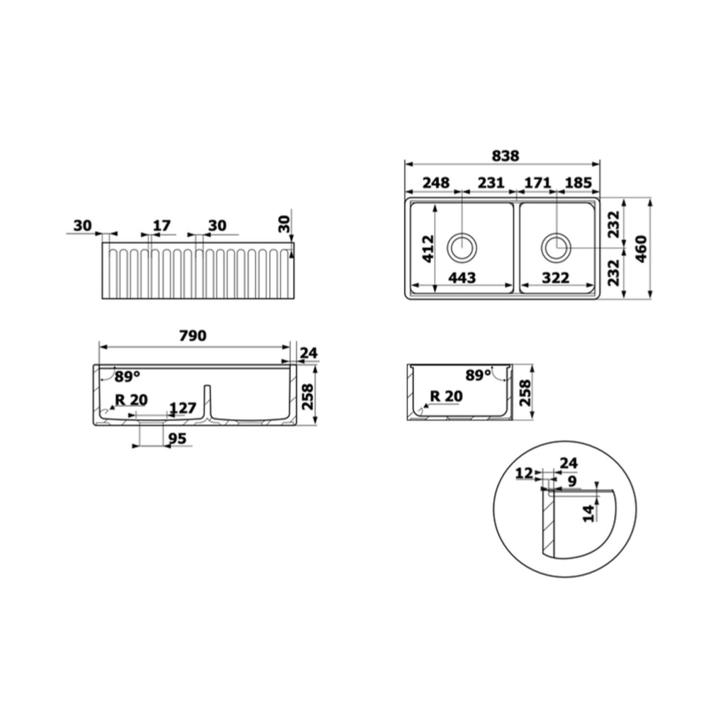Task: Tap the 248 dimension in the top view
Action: (x=436, y=183)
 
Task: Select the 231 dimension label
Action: (x=491, y=183)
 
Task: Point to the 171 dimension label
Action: (x=537, y=183)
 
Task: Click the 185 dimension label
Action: (x=579, y=183)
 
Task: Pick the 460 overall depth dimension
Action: (x=641, y=249)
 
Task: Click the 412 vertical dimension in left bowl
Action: (x=428, y=248)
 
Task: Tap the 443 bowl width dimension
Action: (x=462, y=278)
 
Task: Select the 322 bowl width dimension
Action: (x=555, y=278)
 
